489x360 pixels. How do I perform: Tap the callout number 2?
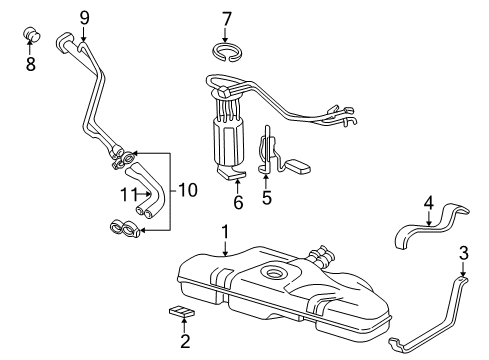pos(184,343)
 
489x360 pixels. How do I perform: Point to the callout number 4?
pos(428,205)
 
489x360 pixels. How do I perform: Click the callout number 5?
pos(266,198)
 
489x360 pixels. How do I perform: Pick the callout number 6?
pos(238,202)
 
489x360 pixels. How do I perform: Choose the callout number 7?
pos(226,17)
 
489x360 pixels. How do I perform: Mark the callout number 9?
pos(85,16)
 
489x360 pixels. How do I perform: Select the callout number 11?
pos(128,193)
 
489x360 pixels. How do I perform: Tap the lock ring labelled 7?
pos(226,51)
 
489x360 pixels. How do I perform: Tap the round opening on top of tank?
pos(272,273)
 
